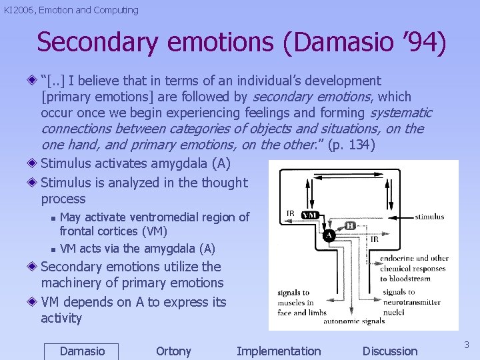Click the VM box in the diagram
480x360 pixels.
(310, 215)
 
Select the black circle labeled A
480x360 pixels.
(328, 235)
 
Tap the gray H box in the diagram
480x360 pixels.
(350, 226)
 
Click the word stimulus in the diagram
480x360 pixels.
(429, 217)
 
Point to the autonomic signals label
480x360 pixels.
(354, 321)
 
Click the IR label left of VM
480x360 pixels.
(291, 213)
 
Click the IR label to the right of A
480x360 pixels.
(375, 239)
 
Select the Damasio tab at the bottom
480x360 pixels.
(81, 351)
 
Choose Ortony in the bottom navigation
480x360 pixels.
(173, 351)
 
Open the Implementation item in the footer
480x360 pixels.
(279, 351)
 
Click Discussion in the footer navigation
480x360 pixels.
(390, 351)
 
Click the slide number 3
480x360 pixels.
(467, 345)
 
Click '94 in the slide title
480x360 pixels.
(420, 42)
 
